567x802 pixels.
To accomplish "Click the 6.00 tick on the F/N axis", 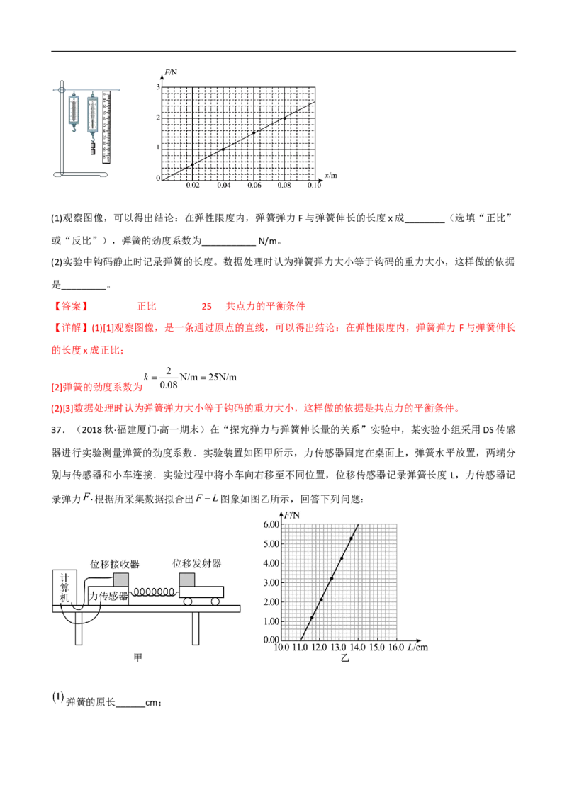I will [271, 525].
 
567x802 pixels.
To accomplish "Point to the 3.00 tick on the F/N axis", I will [271, 582].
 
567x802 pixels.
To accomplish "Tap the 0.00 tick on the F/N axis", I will [271, 639].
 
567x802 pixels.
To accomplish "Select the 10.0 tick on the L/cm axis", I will [281, 648].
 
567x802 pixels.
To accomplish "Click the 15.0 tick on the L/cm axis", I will [376, 648].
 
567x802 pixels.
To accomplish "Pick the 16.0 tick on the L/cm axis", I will [395, 648].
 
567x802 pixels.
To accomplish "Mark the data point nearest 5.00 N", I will [352, 538].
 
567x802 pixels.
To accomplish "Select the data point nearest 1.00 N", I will [311, 618].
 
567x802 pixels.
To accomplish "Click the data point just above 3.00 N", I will [332, 578].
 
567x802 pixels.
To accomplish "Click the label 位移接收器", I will [116, 564].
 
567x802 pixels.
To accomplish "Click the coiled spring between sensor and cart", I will [155, 591].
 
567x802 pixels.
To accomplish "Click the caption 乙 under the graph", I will [344, 658].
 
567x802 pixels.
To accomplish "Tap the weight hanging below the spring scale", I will [92, 149].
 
